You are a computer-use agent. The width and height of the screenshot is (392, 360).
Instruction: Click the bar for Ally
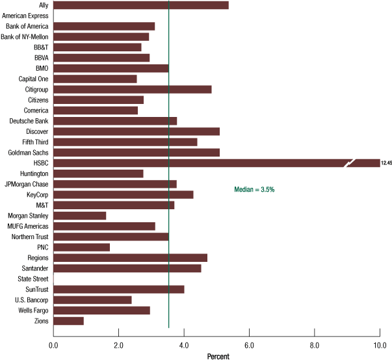click(x=140, y=5)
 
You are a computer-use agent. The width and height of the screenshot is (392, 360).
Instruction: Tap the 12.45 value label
click(x=386, y=163)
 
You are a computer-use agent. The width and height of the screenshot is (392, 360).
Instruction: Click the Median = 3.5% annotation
click(x=254, y=190)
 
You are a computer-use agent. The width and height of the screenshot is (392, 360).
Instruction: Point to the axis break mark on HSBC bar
click(x=350, y=163)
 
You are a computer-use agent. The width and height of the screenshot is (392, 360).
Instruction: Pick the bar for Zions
click(x=68, y=320)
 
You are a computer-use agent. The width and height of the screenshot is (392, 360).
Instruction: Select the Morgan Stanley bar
click(x=79, y=216)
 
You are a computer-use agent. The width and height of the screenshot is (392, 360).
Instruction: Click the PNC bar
click(x=81, y=247)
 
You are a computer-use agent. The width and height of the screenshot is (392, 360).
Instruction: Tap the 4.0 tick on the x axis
click(x=184, y=345)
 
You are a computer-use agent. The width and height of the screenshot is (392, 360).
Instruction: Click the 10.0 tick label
click(x=380, y=345)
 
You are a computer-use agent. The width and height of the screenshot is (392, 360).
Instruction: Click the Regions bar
click(x=130, y=257)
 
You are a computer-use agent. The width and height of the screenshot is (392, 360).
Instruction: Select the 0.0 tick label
click(x=53, y=345)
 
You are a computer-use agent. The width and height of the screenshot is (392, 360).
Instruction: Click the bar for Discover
click(x=136, y=131)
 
